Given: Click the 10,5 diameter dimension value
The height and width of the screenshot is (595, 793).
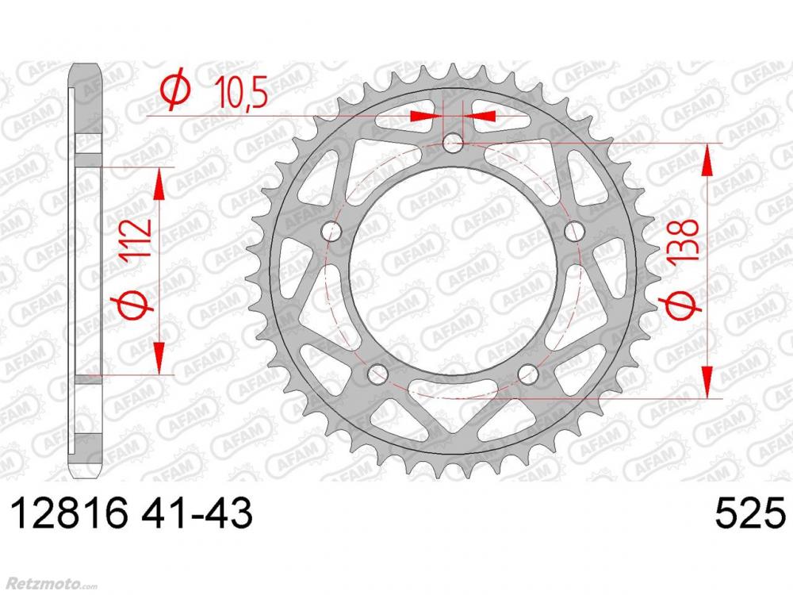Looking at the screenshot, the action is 241,93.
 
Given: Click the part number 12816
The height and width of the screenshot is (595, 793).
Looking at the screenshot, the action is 69,513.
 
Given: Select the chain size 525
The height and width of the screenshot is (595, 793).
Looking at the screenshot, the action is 750,513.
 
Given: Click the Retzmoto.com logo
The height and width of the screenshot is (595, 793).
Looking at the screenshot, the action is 48,585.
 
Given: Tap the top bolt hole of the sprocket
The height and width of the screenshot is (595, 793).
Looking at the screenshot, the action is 453,143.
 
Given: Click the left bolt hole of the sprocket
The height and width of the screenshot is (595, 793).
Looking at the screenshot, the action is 331,231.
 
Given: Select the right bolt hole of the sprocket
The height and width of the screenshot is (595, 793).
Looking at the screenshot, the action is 574,231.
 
